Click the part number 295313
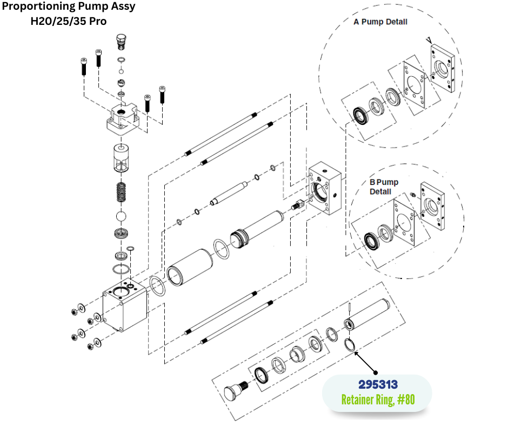tap(378, 384)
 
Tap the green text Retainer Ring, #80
tap(378, 400)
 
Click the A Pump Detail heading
tap(380, 22)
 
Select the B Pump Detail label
tap(384, 187)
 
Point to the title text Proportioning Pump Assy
tap(69, 7)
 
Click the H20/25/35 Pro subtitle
tap(68, 22)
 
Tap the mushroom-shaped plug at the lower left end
tap(232, 390)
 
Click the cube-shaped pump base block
tap(125, 308)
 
